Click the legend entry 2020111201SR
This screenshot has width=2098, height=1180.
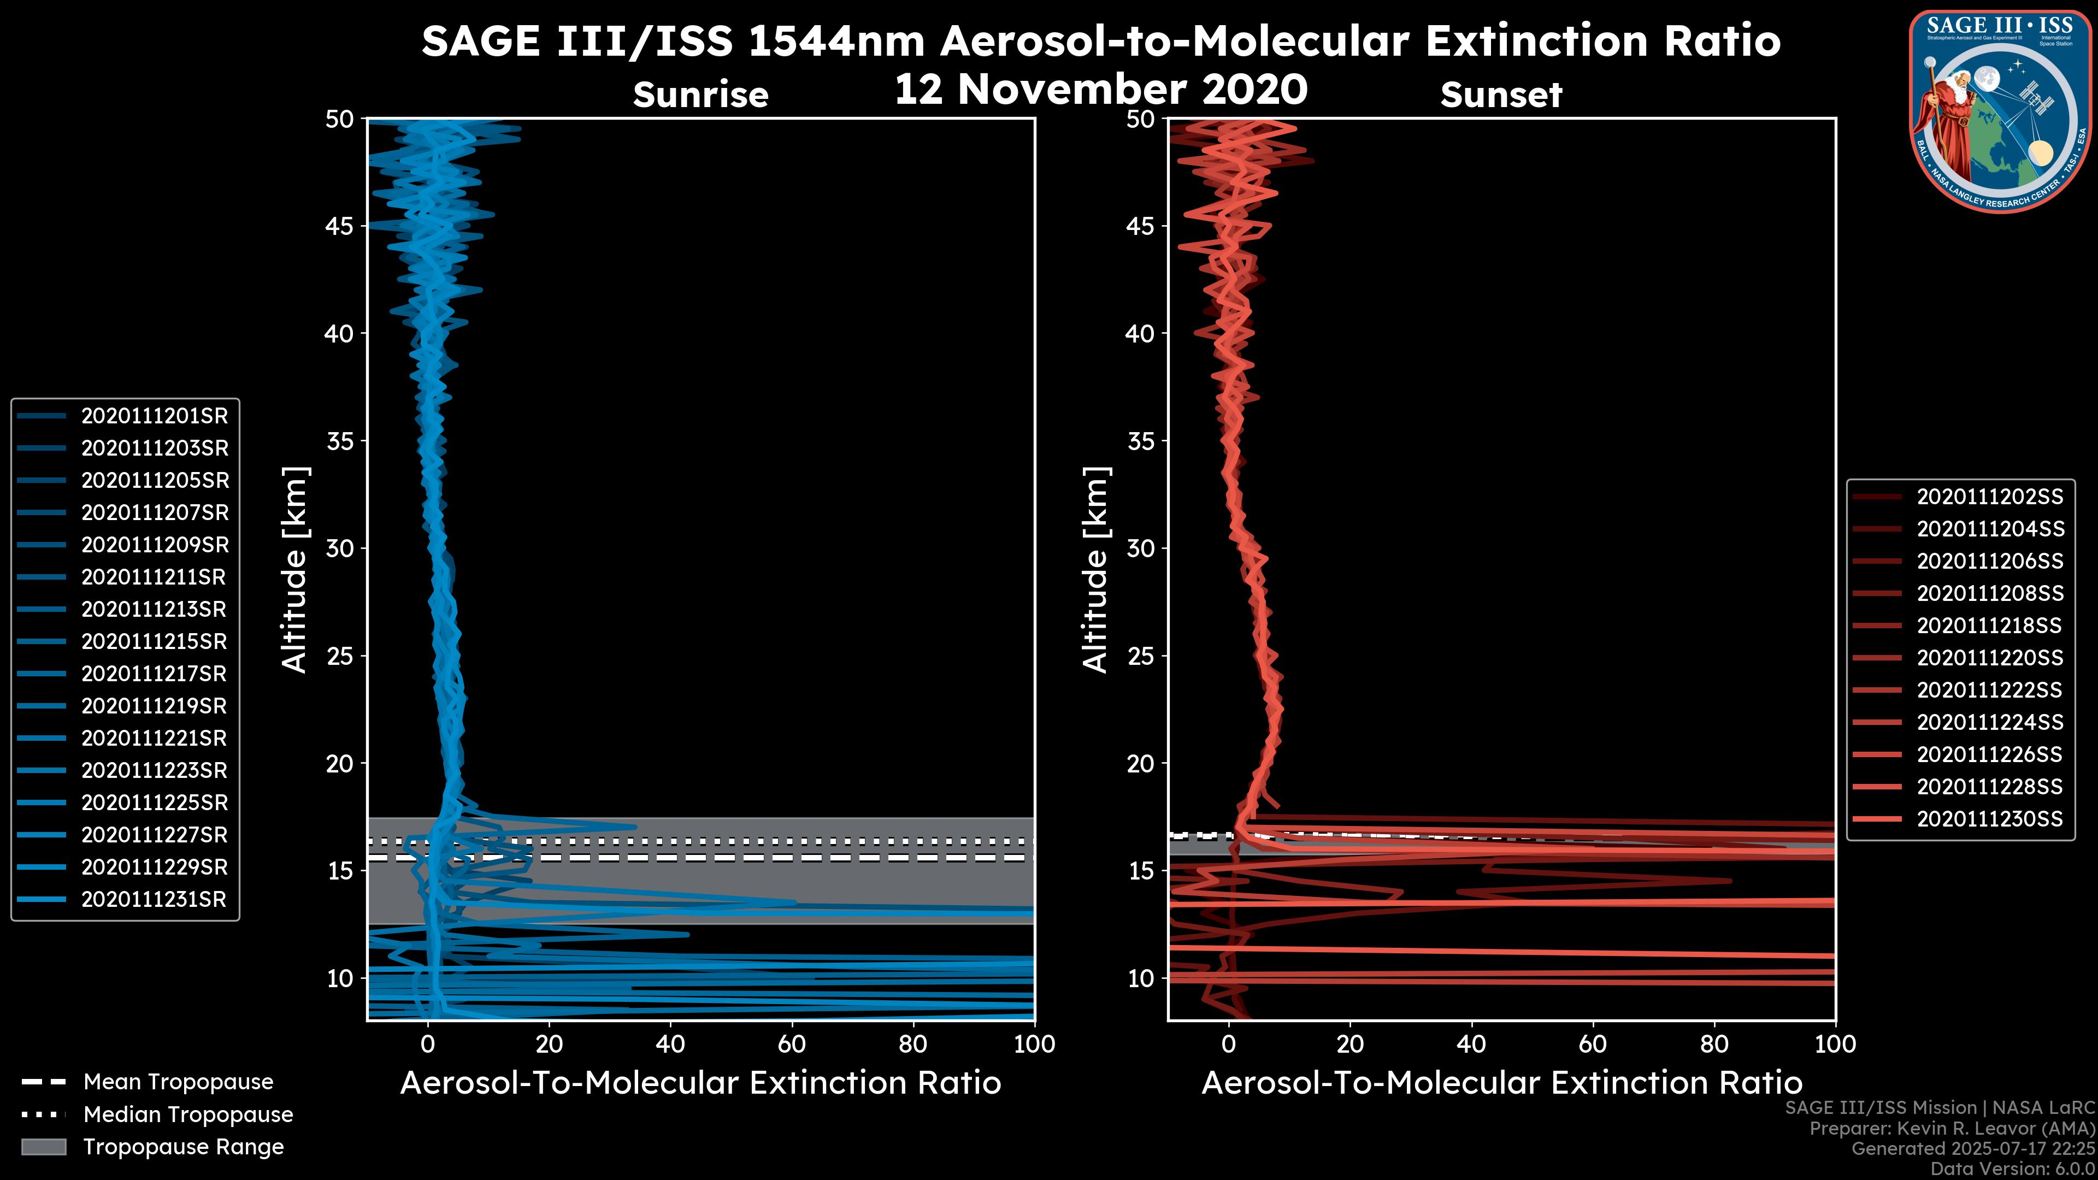[x=154, y=416]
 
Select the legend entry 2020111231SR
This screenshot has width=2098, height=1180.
[x=154, y=900]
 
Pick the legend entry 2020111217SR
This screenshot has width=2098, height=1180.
[x=154, y=674]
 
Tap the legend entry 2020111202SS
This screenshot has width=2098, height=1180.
[x=1990, y=497]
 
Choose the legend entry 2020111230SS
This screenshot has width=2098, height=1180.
[x=1990, y=819]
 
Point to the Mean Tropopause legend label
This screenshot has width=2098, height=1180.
[x=178, y=1082]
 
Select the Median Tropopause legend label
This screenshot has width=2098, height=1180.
[x=188, y=1115]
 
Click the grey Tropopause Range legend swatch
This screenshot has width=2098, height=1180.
[x=44, y=1147]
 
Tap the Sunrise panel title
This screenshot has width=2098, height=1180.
[x=700, y=95]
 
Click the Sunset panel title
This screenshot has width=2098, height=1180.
[x=1501, y=95]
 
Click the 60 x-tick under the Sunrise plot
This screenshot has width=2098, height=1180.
[x=792, y=1044]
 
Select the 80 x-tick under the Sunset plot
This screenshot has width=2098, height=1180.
[x=1714, y=1044]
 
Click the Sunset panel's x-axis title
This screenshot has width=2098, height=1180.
[x=1501, y=1083]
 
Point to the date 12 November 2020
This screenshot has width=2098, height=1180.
[x=1100, y=90]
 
